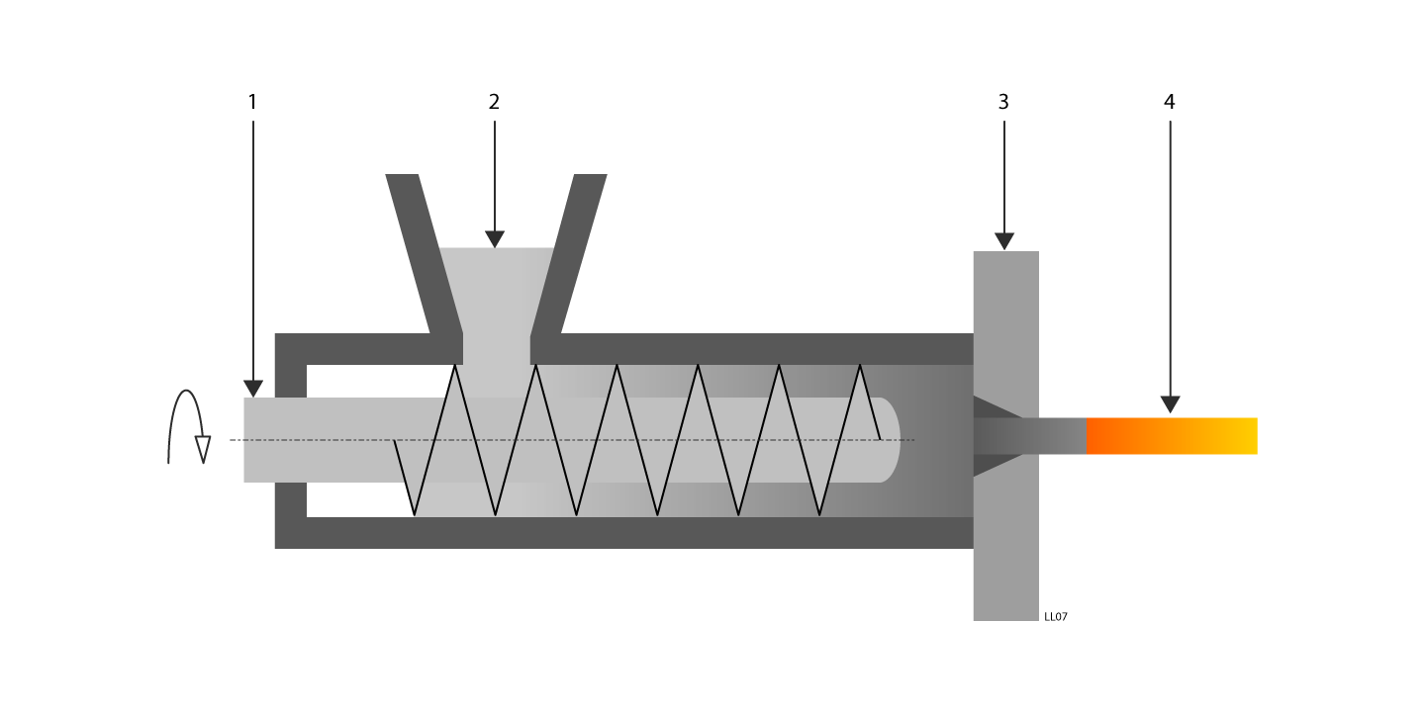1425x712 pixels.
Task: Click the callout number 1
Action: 252,102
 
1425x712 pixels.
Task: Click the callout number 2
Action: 494,102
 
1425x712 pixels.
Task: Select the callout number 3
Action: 1003,102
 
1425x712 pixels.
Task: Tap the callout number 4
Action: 1170,102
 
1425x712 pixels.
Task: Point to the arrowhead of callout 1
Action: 253,388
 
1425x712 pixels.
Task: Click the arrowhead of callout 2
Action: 495,239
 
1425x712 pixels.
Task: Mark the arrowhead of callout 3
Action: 1004,241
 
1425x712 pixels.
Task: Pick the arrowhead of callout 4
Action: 1171,403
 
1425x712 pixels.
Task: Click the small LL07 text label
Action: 1056,617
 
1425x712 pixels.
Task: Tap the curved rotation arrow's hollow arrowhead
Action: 203,449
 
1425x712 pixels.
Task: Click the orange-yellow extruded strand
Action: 1172,436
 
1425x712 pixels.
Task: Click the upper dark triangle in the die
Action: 990,407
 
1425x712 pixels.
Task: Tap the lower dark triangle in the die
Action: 990,465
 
